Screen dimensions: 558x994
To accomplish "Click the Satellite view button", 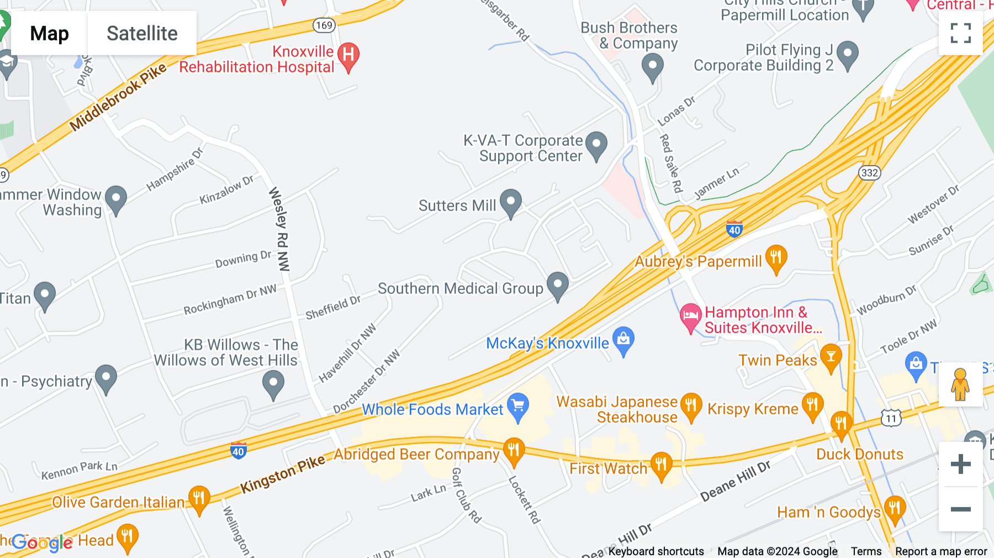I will tap(142, 34).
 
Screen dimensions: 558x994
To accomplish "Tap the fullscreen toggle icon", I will tap(960, 33).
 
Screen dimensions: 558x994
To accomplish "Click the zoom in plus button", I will tap(960, 464).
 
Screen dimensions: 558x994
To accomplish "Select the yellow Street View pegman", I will tap(960, 384).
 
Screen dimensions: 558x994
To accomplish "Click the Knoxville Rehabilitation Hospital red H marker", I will tap(348, 55).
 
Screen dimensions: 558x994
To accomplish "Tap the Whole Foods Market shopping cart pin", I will tap(518, 407).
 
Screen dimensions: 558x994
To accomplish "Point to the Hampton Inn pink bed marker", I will tap(690, 317).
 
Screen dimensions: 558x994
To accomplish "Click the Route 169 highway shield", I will tap(324, 25).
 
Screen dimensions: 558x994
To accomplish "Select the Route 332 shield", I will tap(869, 173).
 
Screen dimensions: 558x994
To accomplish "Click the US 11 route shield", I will tap(891, 418).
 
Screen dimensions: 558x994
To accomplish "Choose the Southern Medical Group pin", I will tap(558, 285).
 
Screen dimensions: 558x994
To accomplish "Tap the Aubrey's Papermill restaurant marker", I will tap(776, 259).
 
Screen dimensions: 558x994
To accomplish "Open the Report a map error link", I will tap(941, 551).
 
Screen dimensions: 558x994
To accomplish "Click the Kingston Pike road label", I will tap(282, 474).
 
